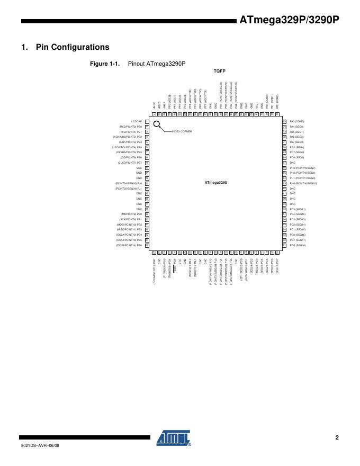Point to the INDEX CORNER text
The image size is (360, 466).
point(181,131)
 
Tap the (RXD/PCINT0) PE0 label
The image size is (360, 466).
point(130,127)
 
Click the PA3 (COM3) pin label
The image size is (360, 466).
point(297,121)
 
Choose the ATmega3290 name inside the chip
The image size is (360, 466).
point(215,182)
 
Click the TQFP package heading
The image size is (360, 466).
point(219,70)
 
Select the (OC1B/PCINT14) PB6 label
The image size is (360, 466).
point(129,245)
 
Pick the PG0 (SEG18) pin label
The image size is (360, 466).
point(298,245)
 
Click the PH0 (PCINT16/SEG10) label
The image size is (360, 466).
point(303,183)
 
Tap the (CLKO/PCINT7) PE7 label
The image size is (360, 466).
point(130,163)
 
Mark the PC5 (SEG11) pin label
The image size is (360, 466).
point(298,209)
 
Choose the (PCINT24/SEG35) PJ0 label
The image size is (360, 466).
point(129,183)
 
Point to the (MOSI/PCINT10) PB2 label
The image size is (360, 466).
point(129,225)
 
